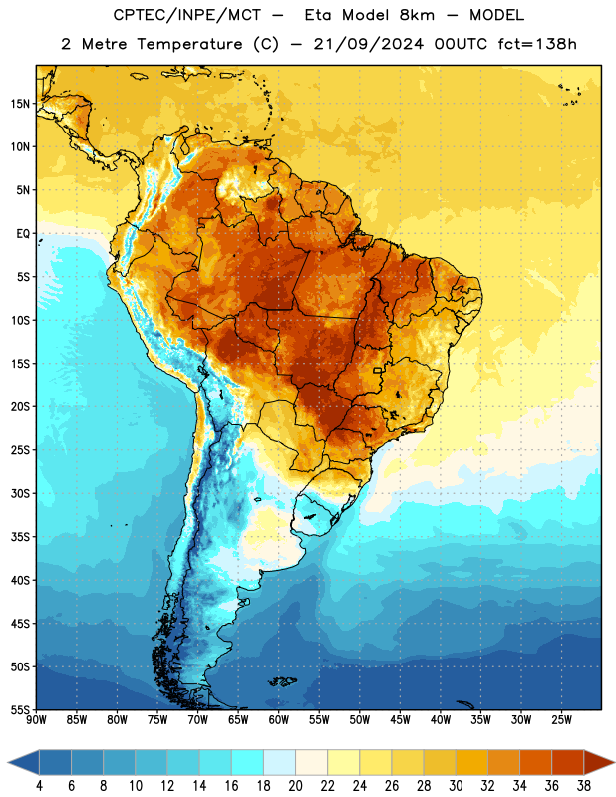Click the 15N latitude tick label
[x=20, y=104]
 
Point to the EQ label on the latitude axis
[x=23, y=234]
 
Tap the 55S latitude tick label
[x=20, y=709]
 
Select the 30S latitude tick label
[x=20, y=493]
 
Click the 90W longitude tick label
[x=36, y=719]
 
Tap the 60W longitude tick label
[x=279, y=719]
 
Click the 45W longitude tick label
[x=401, y=719]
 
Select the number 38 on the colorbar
[x=584, y=786]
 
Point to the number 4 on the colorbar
[x=39, y=786]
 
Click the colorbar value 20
[x=295, y=786]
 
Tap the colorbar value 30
[x=456, y=786]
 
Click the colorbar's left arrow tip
[x=8, y=762]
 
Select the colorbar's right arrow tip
[x=614, y=762]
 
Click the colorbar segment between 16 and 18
[x=248, y=762]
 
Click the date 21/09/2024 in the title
[x=368, y=44]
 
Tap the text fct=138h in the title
[x=537, y=44]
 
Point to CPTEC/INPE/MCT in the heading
[x=187, y=15]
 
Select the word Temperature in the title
[x=189, y=45]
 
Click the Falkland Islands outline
[x=283, y=681]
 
